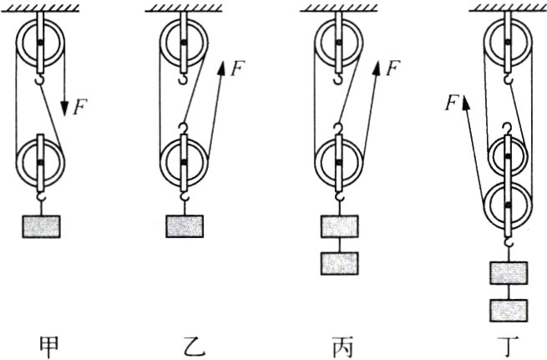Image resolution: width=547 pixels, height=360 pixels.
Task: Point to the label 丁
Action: tap(509, 343)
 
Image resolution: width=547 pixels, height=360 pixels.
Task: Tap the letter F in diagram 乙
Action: tap(238, 69)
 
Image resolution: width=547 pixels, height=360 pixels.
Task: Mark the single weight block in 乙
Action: tap(184, 226)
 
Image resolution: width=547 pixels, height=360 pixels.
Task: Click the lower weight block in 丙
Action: tap(339, 262)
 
